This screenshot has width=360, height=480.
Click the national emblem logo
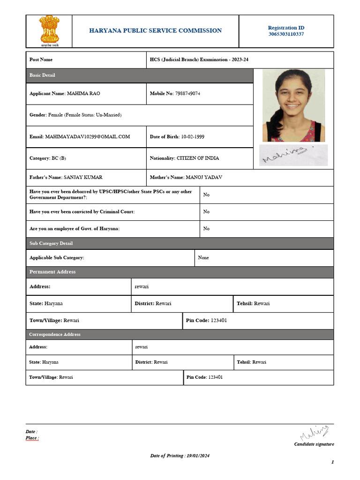pyautogui.click(x=48, y=30)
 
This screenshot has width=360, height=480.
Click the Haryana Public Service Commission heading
pyautogui.click(x=156, y=30)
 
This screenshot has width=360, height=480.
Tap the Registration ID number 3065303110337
pyautogui.click(x=286, y=34)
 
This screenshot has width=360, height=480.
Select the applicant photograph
pyautogui.click(x=293, y=105)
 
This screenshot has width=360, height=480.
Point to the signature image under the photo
pyautogui.click(x=293, y=155)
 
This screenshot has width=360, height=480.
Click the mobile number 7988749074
pyautogui.click(x=187, y=94)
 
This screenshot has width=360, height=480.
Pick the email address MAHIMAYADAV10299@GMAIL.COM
pyautogui.click(x=88, y=137)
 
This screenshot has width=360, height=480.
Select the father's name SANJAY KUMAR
pyautogui.click(x=83, y=178)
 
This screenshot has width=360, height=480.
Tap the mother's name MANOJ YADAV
pyautogui.click(x=204, y=178)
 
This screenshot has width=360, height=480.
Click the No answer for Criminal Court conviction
pyautogui.click(x=206, y=212)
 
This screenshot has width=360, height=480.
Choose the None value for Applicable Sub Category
pyautogui.click(x=203, y=258)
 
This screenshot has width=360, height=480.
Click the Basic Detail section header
pyautogui.click(x=43, y=75)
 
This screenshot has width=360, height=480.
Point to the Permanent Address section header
pyautogui.click(x=52, y=272)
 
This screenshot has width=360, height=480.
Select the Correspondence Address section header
pyautogui.click(x=55, y=335)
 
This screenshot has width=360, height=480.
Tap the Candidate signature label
pyautogui.click(x=314, y=444)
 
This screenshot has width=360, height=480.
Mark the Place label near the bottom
pyautogui.click(x=32, y=438)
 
